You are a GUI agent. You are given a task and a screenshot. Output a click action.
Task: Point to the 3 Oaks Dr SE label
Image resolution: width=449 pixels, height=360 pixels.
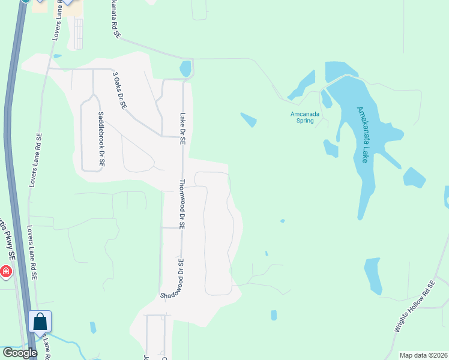(119, 89)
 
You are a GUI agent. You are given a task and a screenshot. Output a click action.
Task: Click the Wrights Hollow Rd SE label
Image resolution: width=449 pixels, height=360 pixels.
(414, 307)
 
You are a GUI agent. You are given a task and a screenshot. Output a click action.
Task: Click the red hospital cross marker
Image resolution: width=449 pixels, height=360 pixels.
(6, 272)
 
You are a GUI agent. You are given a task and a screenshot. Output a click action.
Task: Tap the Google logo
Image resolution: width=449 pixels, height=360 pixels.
(20, 353)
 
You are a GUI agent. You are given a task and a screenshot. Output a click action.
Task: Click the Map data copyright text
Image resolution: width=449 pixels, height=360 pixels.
(423, 355)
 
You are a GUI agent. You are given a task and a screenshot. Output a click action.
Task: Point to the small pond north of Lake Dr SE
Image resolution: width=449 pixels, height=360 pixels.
(185, 68)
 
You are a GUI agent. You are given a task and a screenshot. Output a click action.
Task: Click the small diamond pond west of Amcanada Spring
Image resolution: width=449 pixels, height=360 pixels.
(249, 119)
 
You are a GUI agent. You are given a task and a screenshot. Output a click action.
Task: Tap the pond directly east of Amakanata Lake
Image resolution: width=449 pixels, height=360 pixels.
(414, 178)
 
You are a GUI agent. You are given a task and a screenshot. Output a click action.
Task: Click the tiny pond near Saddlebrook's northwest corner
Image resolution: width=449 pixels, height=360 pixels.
(57, 56)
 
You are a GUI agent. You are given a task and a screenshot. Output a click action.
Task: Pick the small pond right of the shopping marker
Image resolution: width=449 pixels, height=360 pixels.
(93, 328)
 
